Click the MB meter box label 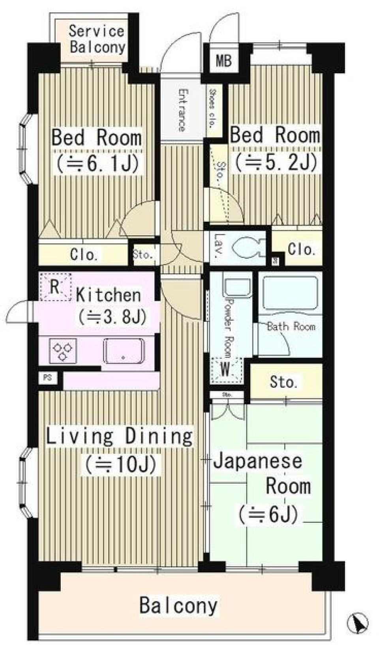coord(224,61)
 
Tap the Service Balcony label coord(97,39)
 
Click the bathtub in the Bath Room coord(290,294)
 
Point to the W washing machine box coord(225,370)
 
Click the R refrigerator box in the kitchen coord(55,287)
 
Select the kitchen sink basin coord(124,351)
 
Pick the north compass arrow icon coord(358,623)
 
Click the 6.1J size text coord(98,163)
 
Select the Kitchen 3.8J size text coord(112,317)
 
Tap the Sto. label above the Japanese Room coord(283,382)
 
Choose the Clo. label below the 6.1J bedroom coord(84,255)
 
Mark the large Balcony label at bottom coord(178,605)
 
